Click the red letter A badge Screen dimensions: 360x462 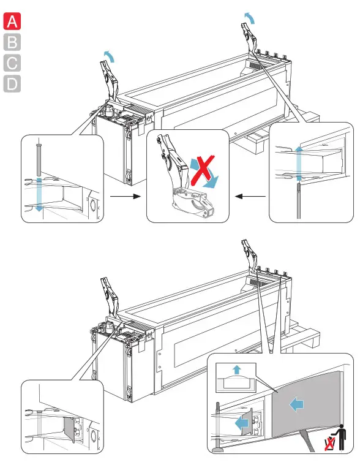(12, 21)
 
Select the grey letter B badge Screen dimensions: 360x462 (12, 42)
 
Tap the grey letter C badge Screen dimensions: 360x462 (12, 62)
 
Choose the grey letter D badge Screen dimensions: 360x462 (12, 84)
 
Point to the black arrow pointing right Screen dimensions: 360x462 (126, 196)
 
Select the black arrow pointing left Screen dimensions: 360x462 (250, 196)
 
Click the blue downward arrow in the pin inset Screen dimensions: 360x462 (39, 194)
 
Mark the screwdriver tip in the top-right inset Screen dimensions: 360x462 (299, 186)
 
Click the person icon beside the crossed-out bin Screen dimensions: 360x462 (341, 437)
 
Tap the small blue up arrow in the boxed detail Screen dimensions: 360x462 (236, 369)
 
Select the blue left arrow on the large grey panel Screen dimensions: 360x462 (296, 404)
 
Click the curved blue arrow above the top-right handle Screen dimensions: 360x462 (250, 17)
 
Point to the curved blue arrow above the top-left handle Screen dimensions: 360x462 (109, 56)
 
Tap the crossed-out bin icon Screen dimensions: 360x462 (329, 444)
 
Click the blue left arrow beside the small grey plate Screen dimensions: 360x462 (242, 423)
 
